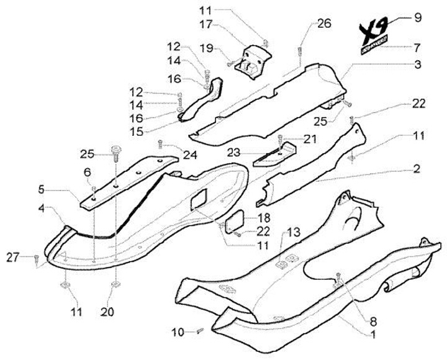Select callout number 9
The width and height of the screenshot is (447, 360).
tap(418, 17)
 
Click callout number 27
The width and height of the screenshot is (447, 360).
tap(12, 256)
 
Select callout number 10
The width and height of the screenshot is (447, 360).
tap(176, 332)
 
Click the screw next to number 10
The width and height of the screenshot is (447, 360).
tap(199, 331)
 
